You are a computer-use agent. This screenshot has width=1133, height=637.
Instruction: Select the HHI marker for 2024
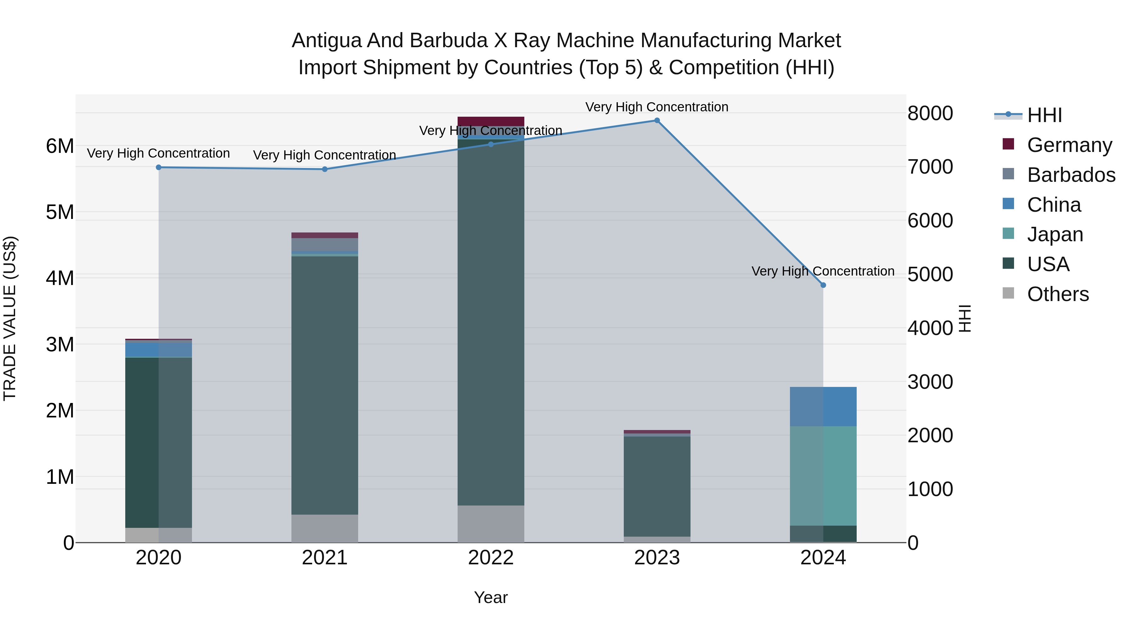(x=823, y=285)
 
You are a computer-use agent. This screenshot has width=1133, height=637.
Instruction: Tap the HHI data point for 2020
(x=159, y=167)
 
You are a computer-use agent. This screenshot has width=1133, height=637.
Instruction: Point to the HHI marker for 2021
(x=324, y=169)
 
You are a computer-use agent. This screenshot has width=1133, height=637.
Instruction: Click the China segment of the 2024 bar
(x=823, y=407)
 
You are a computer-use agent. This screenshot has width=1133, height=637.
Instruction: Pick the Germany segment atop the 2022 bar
(x=491, y=121)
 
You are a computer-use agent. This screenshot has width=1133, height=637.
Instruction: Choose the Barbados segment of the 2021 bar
(x=324, y=244)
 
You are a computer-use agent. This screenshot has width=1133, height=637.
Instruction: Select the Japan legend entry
(x=1055, y=234)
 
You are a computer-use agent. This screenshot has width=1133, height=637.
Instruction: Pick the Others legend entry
(x=1057, y=294)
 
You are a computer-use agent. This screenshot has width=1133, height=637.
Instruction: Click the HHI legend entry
(x=1044, y=115)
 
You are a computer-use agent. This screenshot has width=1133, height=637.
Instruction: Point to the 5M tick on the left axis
(x=60, y=212)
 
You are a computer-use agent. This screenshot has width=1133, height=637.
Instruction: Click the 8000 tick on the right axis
(x=930, y=114)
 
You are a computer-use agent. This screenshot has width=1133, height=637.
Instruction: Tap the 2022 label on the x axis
(x=491, y=558)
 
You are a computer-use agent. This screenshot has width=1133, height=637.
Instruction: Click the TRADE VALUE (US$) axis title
(x=10, y=318)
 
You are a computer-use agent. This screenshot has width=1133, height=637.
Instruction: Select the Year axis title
(x=491, y=597)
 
